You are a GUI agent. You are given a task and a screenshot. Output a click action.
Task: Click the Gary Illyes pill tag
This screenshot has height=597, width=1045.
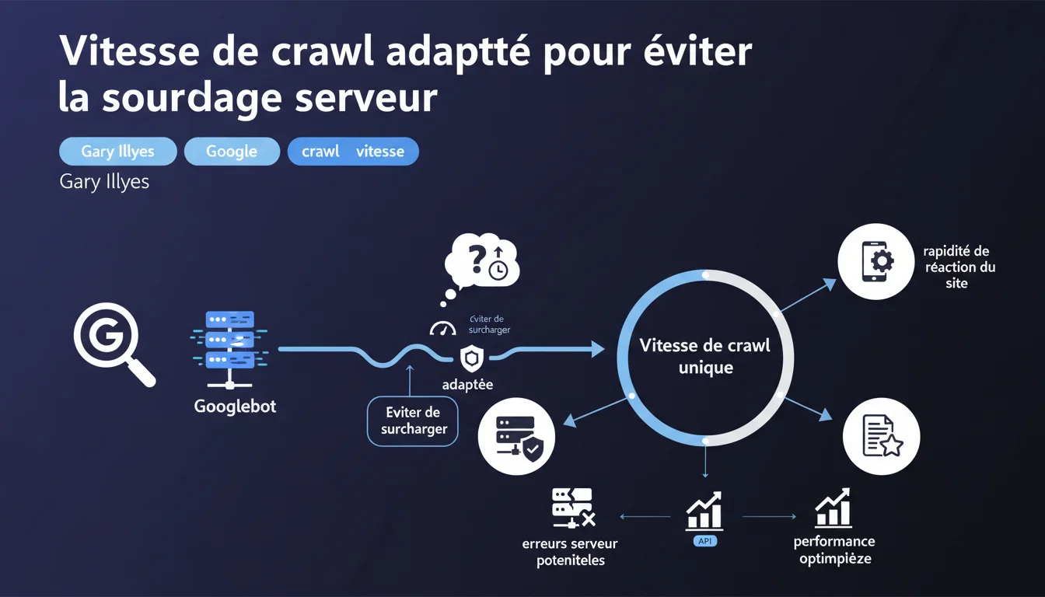pyautogui.click(x=117, y=152)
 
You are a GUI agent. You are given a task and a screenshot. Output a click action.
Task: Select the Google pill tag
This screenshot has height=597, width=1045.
pyautogui.click(x=232, y=152)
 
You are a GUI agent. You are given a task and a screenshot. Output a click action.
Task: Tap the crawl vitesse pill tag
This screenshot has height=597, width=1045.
pyautogui.click(x=353, y=152)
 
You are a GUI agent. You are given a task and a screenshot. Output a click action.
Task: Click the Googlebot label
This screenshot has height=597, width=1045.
pyautogui.click(x=235, y=407)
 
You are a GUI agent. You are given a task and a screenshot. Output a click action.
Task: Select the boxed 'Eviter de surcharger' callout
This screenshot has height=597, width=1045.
pyautogui.click(x=412, y=421)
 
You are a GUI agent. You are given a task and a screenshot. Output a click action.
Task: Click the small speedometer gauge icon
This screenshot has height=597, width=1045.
pyautogui.click(x=442, y=330)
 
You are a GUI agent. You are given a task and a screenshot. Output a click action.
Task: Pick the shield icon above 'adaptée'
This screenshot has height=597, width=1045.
pyautogui.click(x=470, y=359)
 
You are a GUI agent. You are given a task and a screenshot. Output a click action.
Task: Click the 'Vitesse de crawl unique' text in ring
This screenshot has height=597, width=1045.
pyautogui.click(x=704, y=356)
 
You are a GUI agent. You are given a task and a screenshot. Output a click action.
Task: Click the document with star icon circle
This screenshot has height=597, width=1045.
pyautogui.click(x=882, y=436)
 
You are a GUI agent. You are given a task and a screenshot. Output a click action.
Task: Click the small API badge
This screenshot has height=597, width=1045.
pyautogui.click(x=704, y=540)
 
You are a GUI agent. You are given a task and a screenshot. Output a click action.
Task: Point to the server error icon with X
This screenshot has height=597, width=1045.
pyautogui.click(x=572, y=508)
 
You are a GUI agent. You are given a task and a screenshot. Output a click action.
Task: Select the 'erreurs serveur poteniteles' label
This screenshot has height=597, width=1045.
pyautogui.click(x=570, y=552)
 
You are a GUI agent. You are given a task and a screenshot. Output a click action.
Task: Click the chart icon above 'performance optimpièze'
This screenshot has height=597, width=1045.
pyautogui.click(x=834, y=508)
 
